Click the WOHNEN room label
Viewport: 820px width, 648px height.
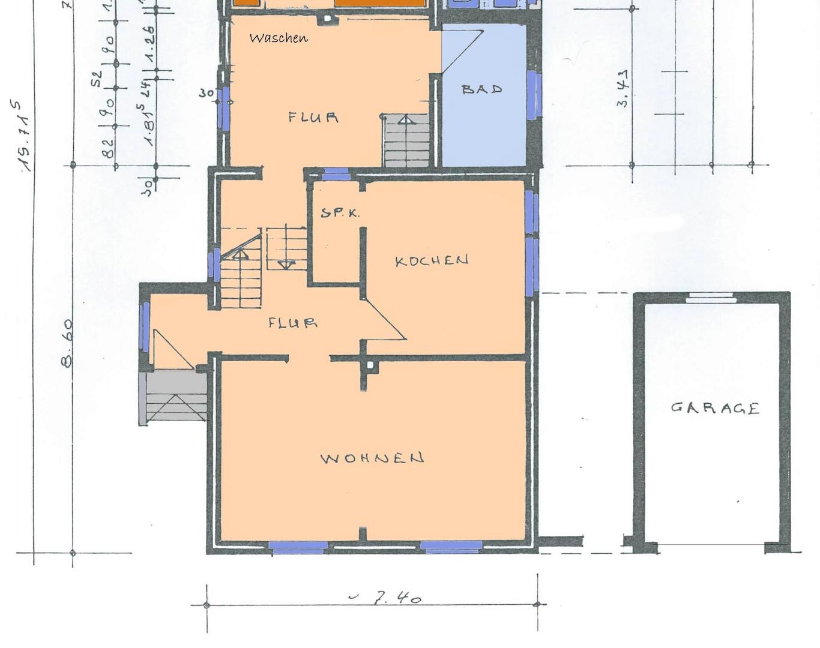[372, 458]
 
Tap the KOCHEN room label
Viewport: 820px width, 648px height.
[432, 260]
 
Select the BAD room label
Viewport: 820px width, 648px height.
[481, 89]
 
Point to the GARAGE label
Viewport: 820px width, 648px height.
[715, 408]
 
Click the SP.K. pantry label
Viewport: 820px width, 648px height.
[340, 212]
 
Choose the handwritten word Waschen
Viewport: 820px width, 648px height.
[279, 38]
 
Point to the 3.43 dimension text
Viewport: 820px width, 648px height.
[623, 88]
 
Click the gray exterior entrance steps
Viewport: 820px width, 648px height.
[174, 397]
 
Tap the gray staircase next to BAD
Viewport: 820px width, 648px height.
[406, 141]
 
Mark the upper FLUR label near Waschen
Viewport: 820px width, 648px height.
[313, 117]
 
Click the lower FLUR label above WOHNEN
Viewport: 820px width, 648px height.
[292, 323]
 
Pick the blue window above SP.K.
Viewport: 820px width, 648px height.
[336, 175]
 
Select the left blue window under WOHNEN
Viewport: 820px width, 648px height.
[298, 547]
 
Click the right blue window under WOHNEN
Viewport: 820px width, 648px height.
[451, 546]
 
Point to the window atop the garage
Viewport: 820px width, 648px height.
[711, 297]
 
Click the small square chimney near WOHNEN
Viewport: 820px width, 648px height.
[370, 365]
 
